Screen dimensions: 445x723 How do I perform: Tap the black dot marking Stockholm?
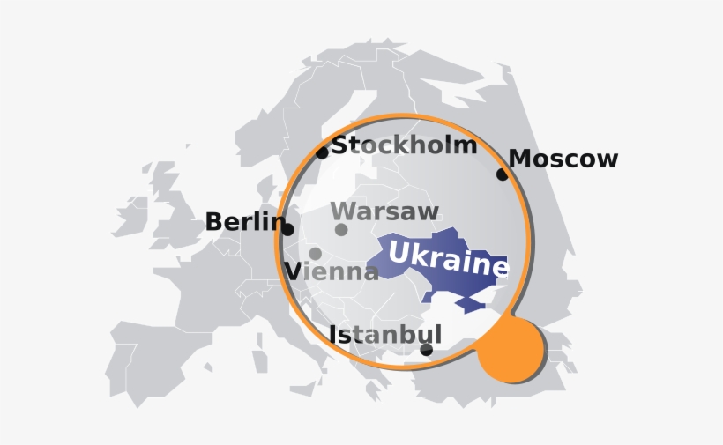click(x=322, y=152)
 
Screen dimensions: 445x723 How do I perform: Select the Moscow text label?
click(x=563, y=159)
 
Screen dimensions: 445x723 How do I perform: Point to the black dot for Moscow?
click(x=502, y=174)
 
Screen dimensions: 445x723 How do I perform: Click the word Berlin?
click(x=244, y=222)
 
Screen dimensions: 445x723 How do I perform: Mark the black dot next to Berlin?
click(x=287, y=229)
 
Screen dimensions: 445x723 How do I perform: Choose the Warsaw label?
click(x=384, y=211)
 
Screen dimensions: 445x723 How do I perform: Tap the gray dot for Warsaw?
click(x=341, y=230)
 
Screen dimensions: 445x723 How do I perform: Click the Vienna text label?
click(x=332, y=271)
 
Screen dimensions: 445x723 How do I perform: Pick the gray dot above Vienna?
click(x=315, y=254)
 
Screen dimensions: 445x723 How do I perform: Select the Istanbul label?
click(x=384, y=335)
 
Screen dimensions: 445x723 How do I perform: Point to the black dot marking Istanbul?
click(x=427, y=350)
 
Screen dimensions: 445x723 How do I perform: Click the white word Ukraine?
click(x=448, y=257)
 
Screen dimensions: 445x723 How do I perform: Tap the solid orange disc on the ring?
click(x=511, y=350)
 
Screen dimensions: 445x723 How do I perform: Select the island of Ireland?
click(x=130, y=216)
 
